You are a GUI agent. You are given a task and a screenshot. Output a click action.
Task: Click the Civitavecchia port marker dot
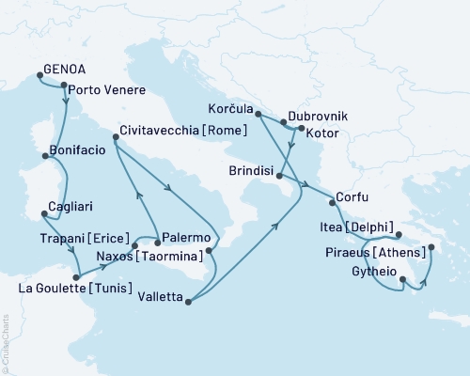tap(116, 138)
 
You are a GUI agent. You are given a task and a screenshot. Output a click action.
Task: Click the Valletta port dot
tap(190, 302)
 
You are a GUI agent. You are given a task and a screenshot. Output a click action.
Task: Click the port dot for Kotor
tap(301, 127)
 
